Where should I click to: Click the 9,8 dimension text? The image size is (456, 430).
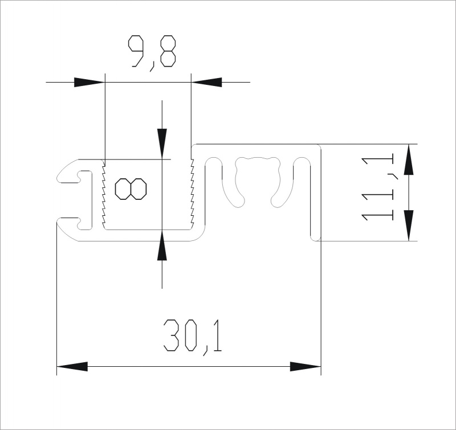[152, 53]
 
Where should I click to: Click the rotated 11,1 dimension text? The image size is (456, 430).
[377, 189]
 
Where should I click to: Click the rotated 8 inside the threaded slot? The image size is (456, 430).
[131, 189]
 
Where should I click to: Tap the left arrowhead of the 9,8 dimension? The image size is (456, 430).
[89, 82]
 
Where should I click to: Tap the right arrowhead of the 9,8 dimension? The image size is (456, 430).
[206, 82]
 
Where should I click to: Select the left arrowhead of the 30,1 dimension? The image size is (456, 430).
[72, 367]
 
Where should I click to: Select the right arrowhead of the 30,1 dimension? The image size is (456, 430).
[306, 367]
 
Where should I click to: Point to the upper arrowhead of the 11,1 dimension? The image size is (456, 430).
[409, 159]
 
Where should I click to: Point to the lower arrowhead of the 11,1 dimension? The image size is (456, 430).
[409, 226]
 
